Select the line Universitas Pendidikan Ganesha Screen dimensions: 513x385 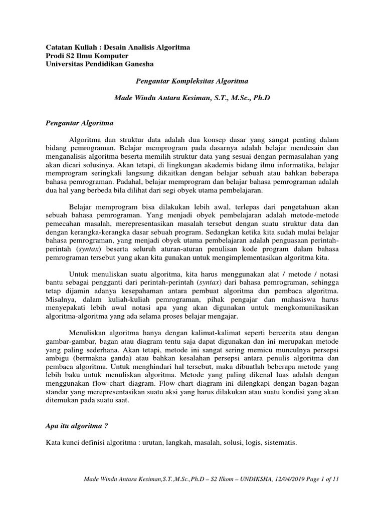tap(100, 64)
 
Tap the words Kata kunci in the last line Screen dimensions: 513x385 tap(63, 443)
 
